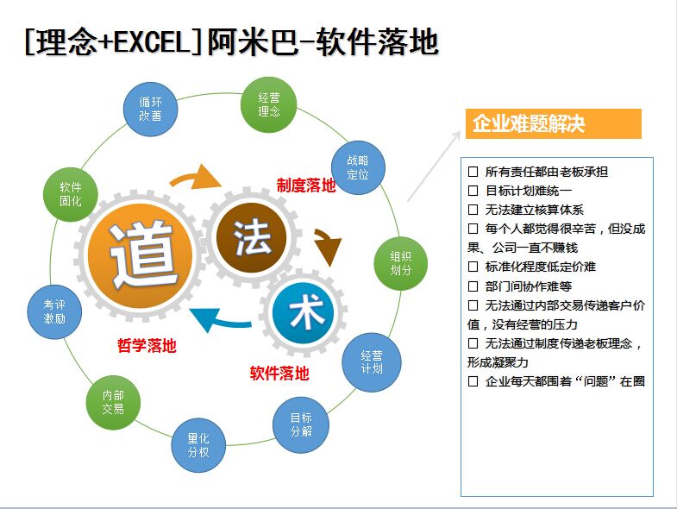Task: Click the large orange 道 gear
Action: (x=140, y=255)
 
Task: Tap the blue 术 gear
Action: (x=304, y=313)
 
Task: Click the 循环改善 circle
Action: (x=150, y=110)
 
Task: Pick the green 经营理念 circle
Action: (x=268, y=104)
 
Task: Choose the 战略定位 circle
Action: (x=358, y=167)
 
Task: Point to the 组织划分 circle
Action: (x=400, y=264)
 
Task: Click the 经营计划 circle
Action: (x=372, y=362)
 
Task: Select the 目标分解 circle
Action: (x=301, y=424)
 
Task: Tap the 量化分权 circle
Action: (x=198, y=445)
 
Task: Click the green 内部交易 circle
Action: (x=113, y=402)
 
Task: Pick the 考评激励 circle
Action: (x=54, y=312)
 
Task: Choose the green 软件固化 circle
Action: (x=71, y=194)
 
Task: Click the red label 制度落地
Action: (x=306, y=185)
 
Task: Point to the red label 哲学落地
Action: (x=147, y=346)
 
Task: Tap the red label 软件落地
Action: (x=279, y=373)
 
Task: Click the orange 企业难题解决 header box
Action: (x=554, y=123)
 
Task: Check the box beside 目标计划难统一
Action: (x=473, y=191)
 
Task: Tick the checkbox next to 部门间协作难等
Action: (x=473, y=286)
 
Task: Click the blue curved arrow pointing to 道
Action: (x=220, y=322)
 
